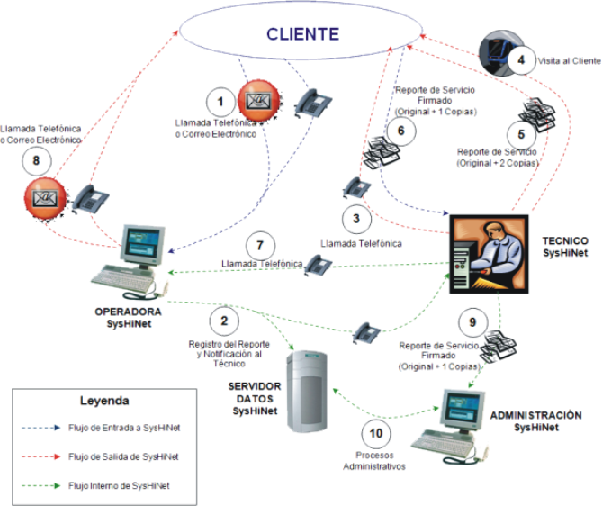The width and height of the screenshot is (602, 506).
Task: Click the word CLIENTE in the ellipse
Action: (x=302, y=35)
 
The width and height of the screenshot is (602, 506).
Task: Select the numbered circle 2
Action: (x=225, y=321)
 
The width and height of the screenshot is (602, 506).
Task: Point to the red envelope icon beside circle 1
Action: (x=256, y=99)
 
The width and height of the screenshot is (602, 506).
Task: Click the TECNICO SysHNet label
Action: (x=565, y=248)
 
